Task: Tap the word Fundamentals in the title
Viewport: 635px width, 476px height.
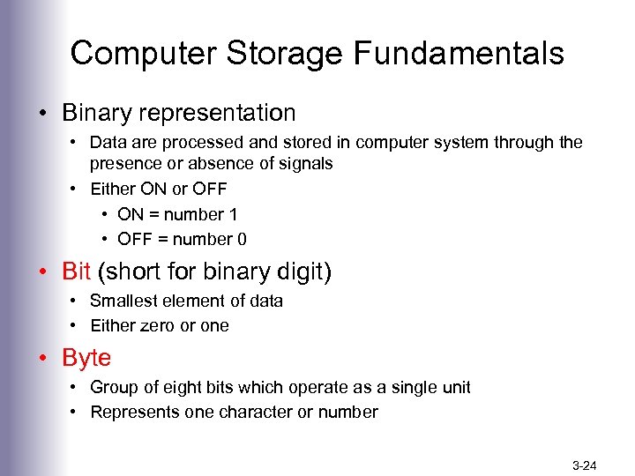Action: pos(459,54)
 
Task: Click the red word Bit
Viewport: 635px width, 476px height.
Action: pos(76,271)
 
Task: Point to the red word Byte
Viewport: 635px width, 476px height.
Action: pos(86,358)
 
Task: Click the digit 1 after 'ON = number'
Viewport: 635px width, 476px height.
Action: pos(233,214)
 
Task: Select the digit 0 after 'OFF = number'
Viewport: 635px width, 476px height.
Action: pos(242,239)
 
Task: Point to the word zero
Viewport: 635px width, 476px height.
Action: pos(157,325)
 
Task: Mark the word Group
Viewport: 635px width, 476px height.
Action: pos(113,387)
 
